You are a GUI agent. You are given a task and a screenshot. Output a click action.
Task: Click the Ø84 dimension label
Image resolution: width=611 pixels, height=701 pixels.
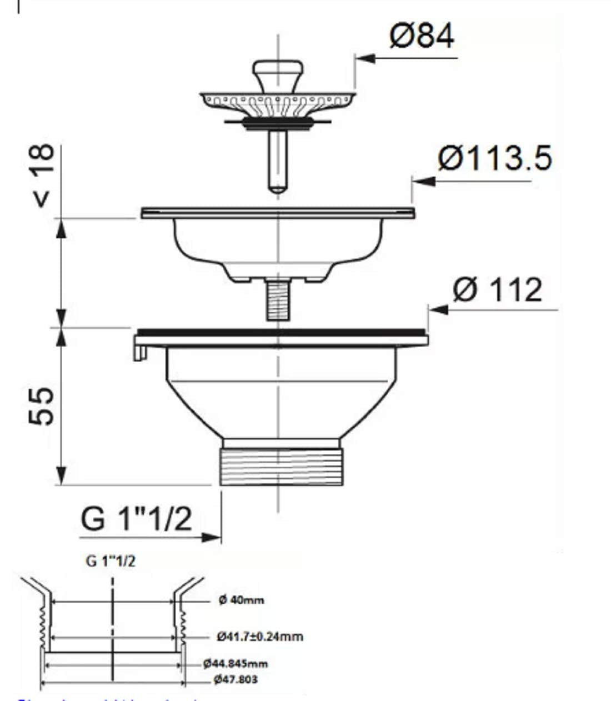click(422, 37)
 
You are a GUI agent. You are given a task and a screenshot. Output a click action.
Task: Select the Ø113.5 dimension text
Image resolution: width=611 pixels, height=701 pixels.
click(494, 159)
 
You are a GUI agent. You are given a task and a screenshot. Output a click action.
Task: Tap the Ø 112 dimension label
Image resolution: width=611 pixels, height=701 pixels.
click(496, 290)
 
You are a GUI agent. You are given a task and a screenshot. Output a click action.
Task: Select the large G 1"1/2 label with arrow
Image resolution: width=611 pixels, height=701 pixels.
click(137, 519)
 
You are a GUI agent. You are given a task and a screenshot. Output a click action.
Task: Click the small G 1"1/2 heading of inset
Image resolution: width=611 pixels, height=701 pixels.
click(111, 561)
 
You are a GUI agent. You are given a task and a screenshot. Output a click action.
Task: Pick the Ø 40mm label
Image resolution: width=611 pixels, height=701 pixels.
click(241, 600)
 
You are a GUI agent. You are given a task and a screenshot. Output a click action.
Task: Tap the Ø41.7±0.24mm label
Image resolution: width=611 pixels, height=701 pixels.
click(260, 636)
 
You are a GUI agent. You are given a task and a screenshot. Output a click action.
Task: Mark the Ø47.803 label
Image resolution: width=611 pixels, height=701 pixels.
click(235, 679)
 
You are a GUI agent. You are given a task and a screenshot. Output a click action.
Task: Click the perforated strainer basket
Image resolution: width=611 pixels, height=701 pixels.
click(277, 102)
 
